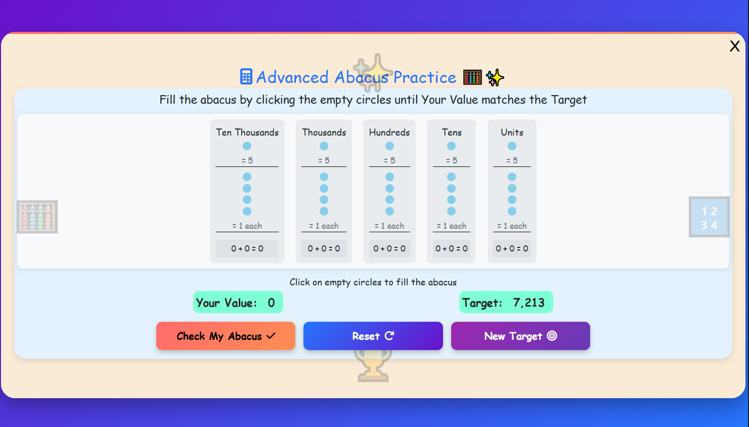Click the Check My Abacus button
tap(226, 336)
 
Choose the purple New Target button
tap(520, 336)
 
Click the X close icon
tap(734, 47)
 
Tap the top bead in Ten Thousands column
tap(247, 146)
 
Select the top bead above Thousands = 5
tap(324, 146)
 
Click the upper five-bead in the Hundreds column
tap(389, 146)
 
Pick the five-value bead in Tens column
tap(451, 146)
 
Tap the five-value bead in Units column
tap(512, 146)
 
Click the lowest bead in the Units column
tap(512, 211)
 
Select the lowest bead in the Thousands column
tap(324, 211)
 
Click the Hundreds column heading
tap(389, 133)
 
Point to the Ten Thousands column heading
tap(247, 133)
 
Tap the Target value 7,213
tap(528, 303)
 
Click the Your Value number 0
tap(271, 303)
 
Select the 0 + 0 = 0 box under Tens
tap(451, 248)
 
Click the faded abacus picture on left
tap(37, 217)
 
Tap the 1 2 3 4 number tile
tap(709, 218)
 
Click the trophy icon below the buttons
tap(373, 367)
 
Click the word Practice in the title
tap(424, 77)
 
